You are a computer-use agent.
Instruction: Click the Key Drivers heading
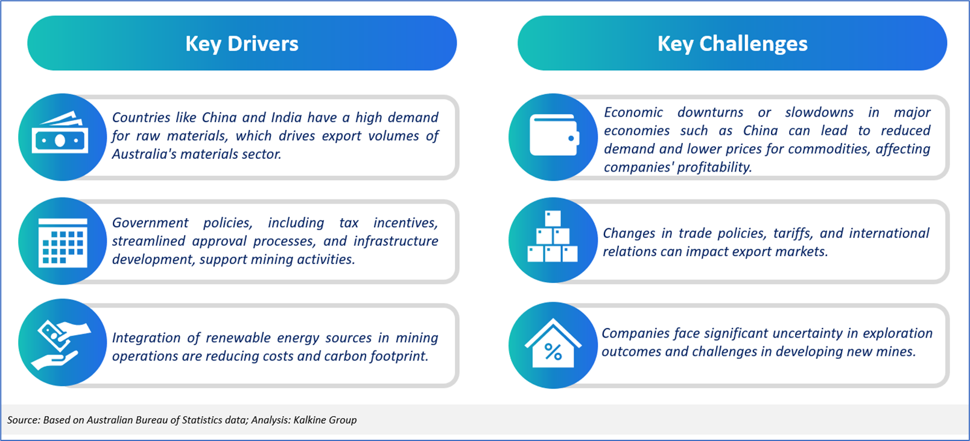[x=242, y=43]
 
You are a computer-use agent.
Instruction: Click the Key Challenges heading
[x=732, y=43]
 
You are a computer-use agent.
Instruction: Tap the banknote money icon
[x=60, y=133]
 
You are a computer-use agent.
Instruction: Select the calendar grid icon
[x=63, y=242]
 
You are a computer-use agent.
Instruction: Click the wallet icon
[x=554, y=135]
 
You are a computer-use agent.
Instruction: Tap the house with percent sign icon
[x=553, y=343]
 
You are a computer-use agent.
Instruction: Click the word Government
[x=150, y=222]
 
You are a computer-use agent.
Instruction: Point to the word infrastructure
[x=396, y=241]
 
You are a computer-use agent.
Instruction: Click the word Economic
[x=633, y=112]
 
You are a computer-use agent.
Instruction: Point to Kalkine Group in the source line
[x=325, y=420]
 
